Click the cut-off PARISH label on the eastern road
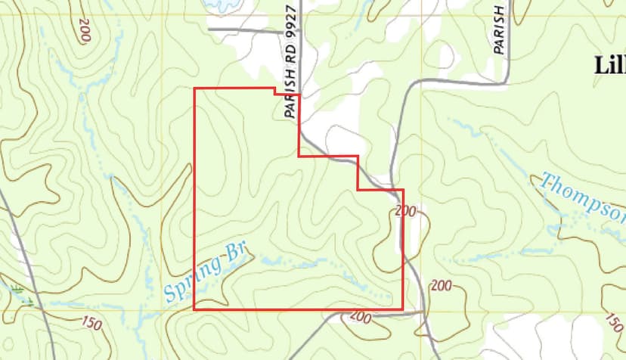coord(498,30)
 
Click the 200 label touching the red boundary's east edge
coord(405,212)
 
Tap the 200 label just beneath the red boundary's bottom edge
coord(360,318)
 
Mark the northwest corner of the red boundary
coord(195,89)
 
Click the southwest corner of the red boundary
coord(195,309)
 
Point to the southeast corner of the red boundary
coord(402,309)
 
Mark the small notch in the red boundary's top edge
coord(274,92)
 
